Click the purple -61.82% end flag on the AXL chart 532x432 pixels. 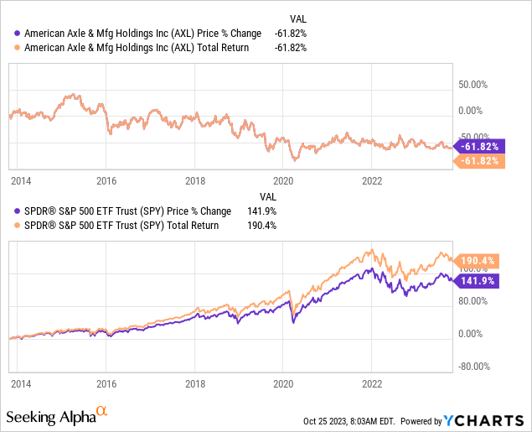pyautogui.click(x=480, y=146)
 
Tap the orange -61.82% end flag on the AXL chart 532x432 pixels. pyautogui.click(x=480, y=161)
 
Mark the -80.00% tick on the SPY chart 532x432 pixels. pyautogui.click(x=473, y=365)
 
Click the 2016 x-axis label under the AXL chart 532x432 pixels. pyautogui.click(x=106, y=180)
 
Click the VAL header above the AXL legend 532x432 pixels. pyautogui.click(x=297, y=18)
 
